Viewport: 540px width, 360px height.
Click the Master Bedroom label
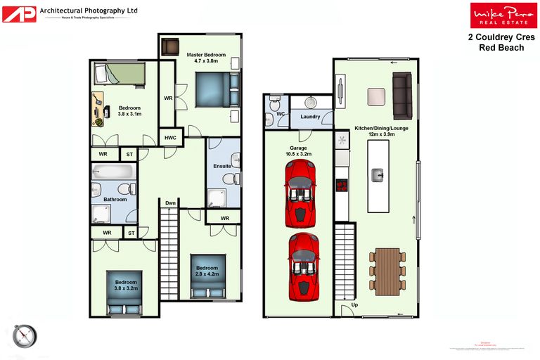(x=206, y=57)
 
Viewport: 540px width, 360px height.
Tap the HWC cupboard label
(x=171, y=138)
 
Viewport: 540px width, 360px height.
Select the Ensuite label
(x=222, y=166)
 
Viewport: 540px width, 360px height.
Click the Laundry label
(x=310, y=117)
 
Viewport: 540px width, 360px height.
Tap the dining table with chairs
(x=387, y=271)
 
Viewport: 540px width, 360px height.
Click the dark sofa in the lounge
(x=402, y=96)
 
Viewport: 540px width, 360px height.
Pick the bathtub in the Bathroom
(x=112, y=172)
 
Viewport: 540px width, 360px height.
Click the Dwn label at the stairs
(x=170, y=203)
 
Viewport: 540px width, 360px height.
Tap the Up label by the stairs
(x=354, y=306)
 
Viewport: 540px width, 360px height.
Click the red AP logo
(x=19, y=13)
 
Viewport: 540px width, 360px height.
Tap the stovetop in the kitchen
(x=342, y=186)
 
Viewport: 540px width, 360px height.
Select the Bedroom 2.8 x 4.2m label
(x=207, y=271)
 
